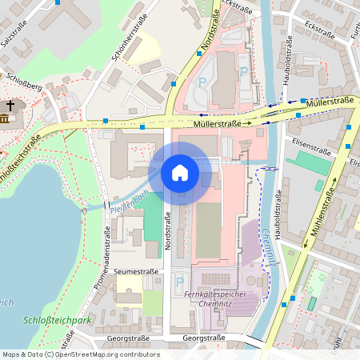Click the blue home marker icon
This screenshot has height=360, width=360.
[x=180, y=173]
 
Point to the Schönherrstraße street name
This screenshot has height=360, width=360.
[x=132, y=43]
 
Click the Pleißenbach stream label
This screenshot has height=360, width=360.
[x=130, y=200]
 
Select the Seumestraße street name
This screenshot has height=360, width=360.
[x=137, y=272]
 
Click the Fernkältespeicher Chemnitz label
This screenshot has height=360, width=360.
[x=220, y=298]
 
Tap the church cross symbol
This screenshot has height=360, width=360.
[x=10, y=105]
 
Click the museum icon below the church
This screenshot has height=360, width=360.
[x=5, y=119]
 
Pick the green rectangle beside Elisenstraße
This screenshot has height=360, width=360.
[x=309, y=163]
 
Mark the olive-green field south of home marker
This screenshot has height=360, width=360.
[x=208, y=230]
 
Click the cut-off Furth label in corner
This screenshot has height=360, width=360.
[x=354, y=32]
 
